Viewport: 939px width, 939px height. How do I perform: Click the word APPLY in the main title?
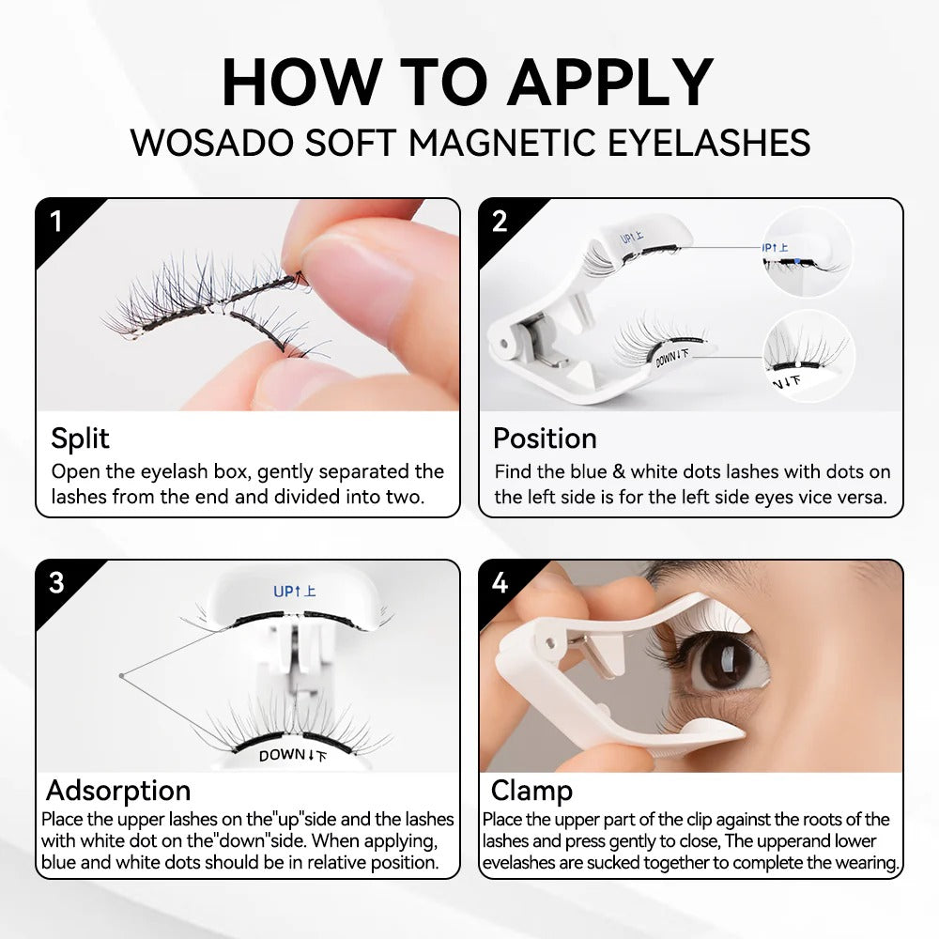point(609,83)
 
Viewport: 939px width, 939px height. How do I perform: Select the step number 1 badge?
point(56,222)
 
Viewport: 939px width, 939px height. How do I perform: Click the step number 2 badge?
point(500,222)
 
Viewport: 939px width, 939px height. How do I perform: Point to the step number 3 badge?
point(56,582)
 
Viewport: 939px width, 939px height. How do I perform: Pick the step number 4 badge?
point(500,582)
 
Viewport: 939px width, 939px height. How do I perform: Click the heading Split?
point(80,439)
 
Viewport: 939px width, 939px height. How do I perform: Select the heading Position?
point(545,439)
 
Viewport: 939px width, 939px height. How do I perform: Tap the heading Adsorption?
point(118,790)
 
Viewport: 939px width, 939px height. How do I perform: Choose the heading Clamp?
point(531,790)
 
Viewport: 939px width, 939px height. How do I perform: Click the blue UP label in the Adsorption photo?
point(294,592)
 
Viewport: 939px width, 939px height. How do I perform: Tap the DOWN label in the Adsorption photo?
point(294,754)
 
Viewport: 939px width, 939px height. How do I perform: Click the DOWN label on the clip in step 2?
point(674,357)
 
